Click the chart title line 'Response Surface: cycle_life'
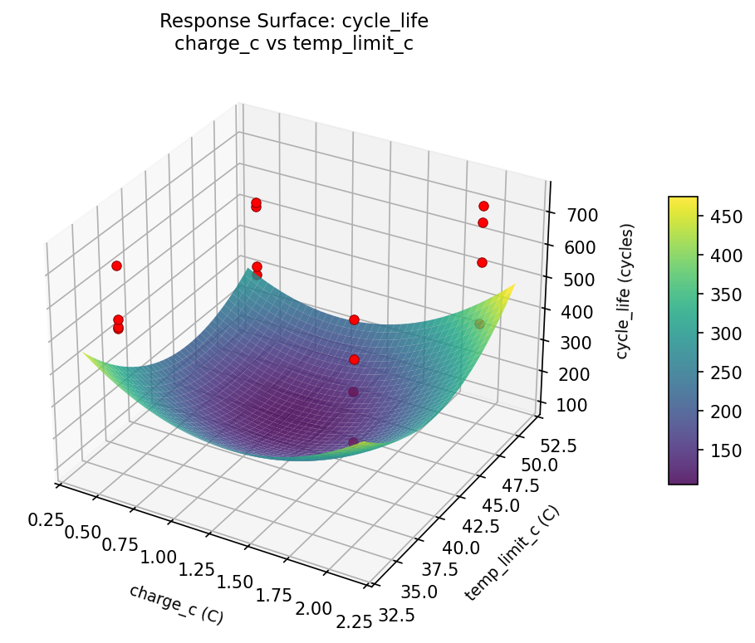pyautogui.click(x=294, y=20)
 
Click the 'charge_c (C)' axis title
pyautogui.click(x=176, y=604)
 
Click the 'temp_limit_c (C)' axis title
pyautogui.click(x=512, y=552)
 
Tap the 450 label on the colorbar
pyautogui.click(x=719, y=217)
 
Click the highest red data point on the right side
pyautogui.click(x=483, y=206)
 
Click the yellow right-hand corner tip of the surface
pyautogui.click(x=515, y=285)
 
